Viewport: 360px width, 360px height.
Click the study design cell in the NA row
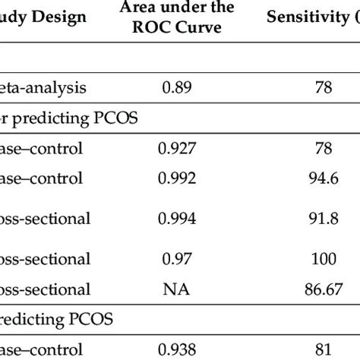pos(46,289)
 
